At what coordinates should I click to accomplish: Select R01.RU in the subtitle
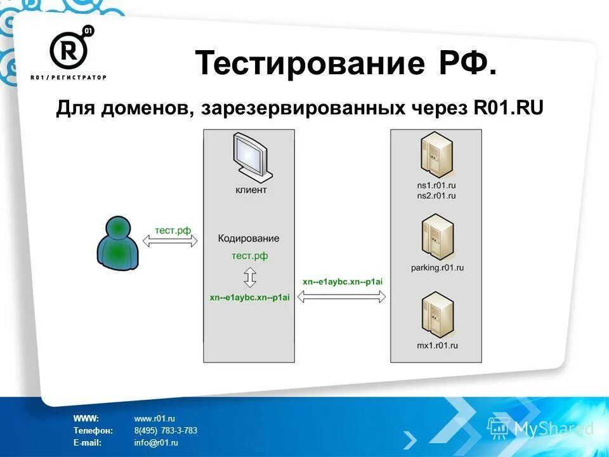(x=508, y=108)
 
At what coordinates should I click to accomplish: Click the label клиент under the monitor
(x=251, y=190)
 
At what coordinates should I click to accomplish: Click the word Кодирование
(x=249, y=239)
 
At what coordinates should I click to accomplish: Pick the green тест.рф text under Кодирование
(x=249, y=256)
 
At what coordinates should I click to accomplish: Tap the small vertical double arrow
(x=249, y=277)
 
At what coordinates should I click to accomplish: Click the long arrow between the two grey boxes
(x=342, y=296)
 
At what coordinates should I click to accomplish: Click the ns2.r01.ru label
(x=437, y=195)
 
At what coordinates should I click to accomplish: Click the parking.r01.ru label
(x=437, y=268)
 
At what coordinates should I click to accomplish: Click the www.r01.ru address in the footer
(x=154, y=418)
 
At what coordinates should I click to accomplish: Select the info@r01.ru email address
(x=156, y=442)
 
